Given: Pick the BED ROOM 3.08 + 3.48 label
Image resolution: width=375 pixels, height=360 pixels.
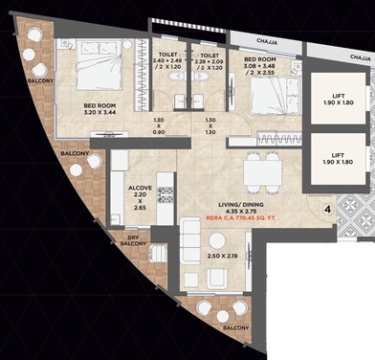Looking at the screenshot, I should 259,65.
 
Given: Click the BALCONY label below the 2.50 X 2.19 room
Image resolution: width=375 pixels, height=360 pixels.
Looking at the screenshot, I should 235,328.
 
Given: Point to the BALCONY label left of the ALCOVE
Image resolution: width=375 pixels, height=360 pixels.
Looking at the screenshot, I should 76,153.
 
